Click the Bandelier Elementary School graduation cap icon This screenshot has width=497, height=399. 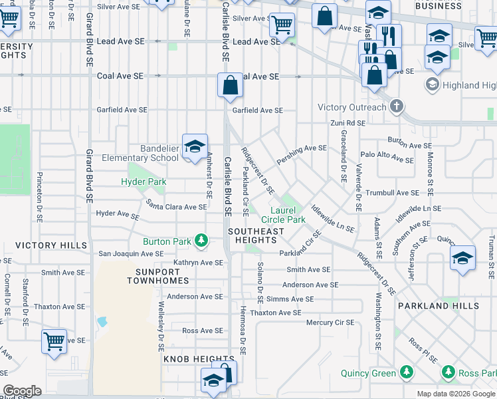click(195, 148)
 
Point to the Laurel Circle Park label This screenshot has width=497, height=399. click(283, 215)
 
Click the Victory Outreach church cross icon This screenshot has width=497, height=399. click(396, 106)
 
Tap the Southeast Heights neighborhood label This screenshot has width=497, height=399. click(256, 235)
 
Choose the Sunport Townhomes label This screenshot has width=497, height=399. click(153, 276)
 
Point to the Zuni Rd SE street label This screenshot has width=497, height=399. click(348, 123)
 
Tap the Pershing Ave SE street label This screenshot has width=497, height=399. click(302, 149)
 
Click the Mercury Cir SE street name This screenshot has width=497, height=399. click(330, 322)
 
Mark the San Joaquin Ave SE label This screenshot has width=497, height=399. click(131, 253)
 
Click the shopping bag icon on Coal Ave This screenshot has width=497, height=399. click(230, 86)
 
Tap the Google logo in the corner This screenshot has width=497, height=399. click(22, 390)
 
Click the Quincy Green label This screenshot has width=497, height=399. click(368, 373)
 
